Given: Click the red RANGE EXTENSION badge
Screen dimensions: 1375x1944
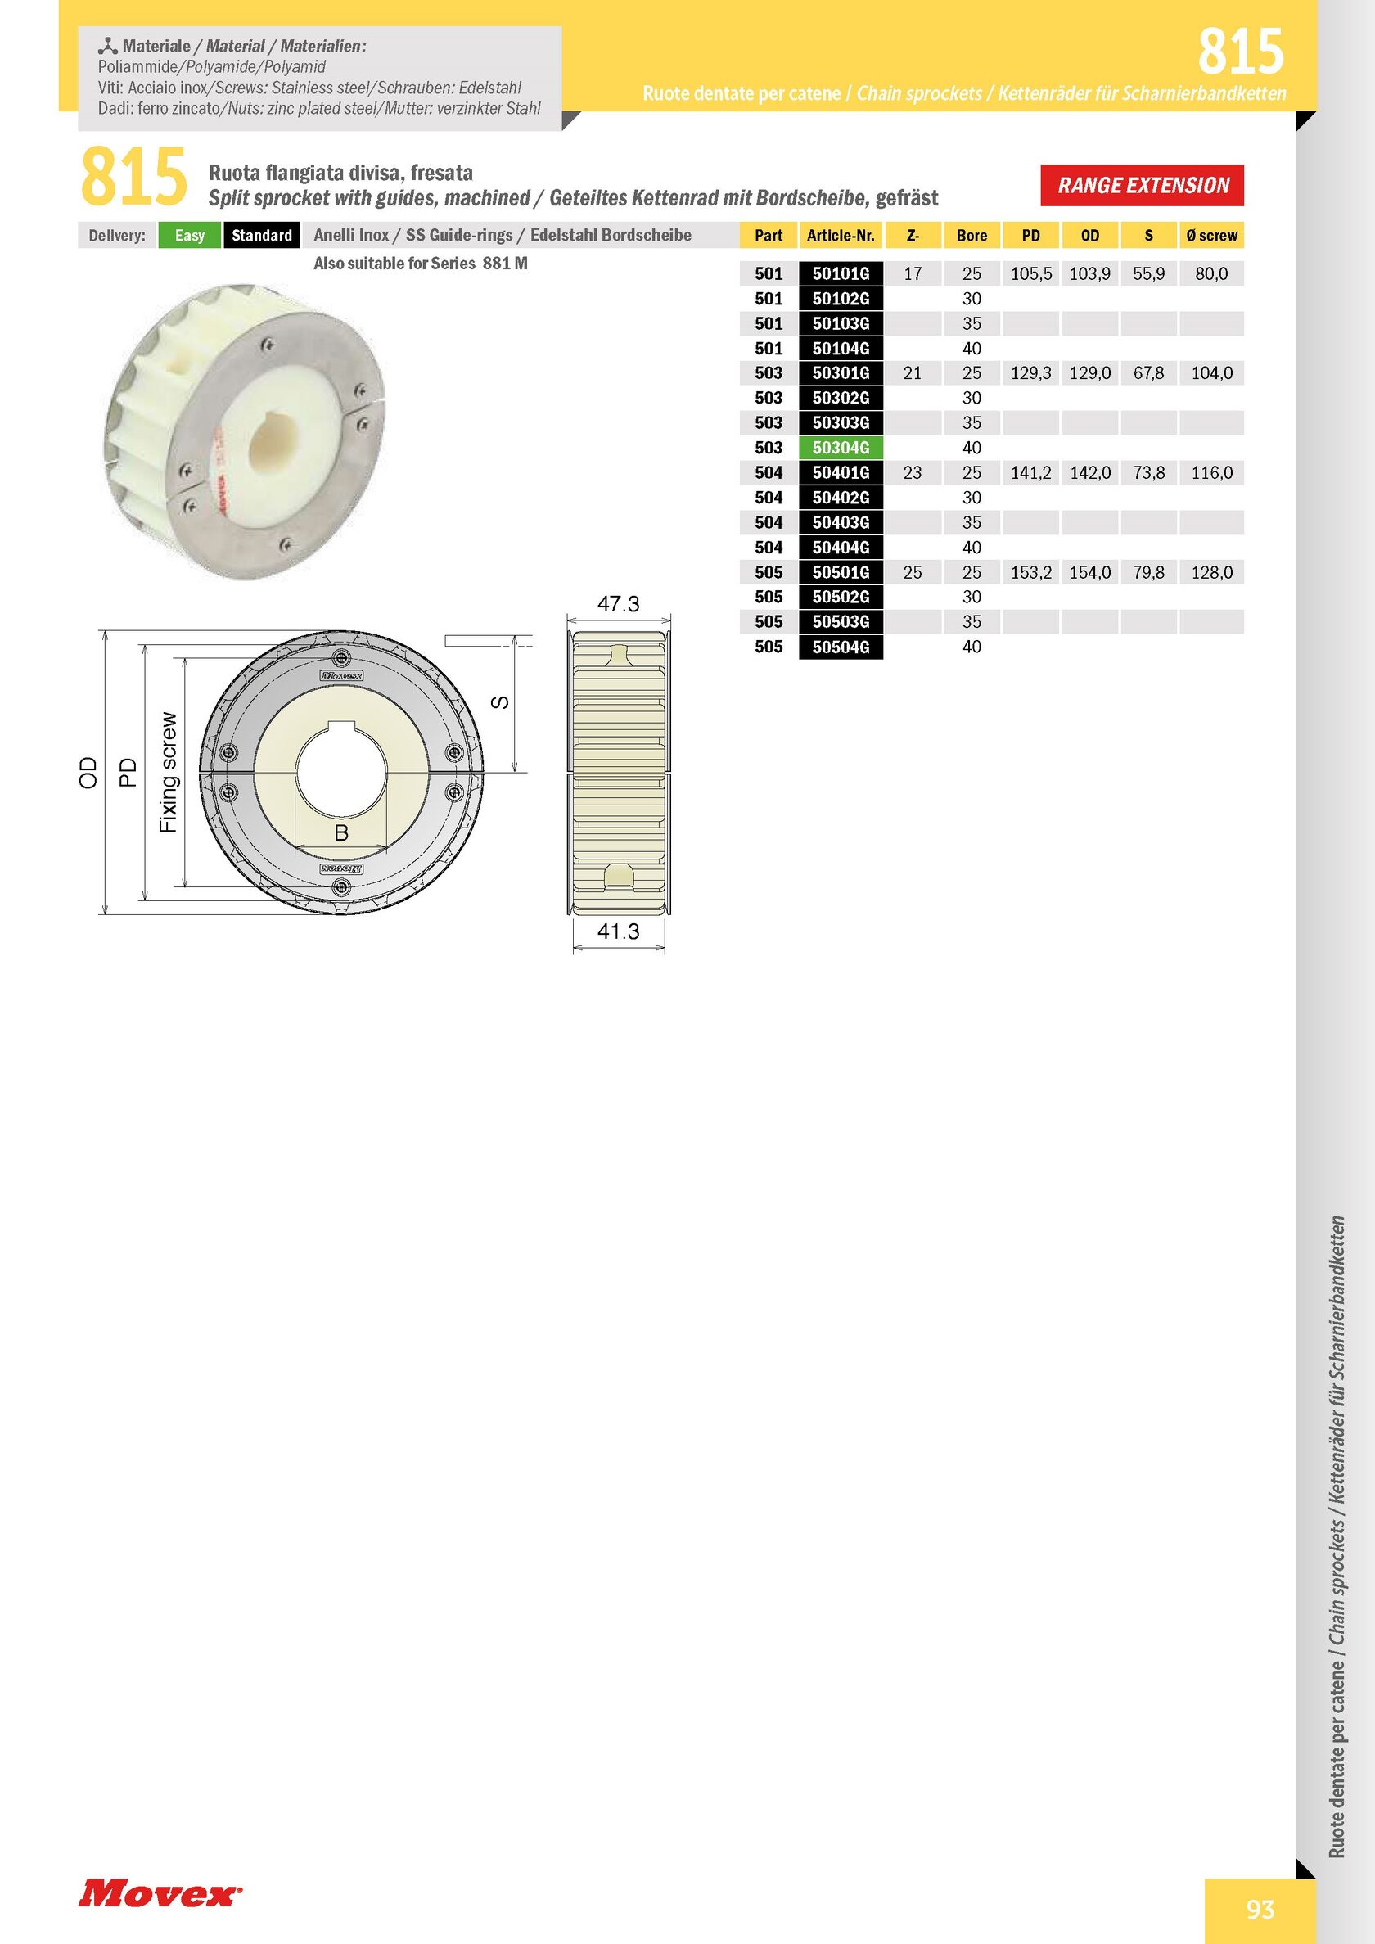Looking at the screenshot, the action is [1143, 186].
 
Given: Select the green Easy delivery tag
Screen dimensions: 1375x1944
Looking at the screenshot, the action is [190, 236].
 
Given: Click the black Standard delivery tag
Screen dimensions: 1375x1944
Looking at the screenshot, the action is [262, 236].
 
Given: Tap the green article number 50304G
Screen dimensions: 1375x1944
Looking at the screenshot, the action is [841, 448].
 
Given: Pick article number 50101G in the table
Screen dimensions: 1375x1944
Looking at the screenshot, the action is [841, 273].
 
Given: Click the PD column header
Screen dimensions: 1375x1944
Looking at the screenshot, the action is [1030, 236].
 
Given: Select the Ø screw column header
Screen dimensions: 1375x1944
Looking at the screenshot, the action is [1211, 236].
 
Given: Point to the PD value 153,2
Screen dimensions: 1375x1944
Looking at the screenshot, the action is [1031, 572].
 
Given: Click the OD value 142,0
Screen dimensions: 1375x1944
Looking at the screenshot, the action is [1090, 472].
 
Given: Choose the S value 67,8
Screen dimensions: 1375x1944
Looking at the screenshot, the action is [1149, 373].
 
